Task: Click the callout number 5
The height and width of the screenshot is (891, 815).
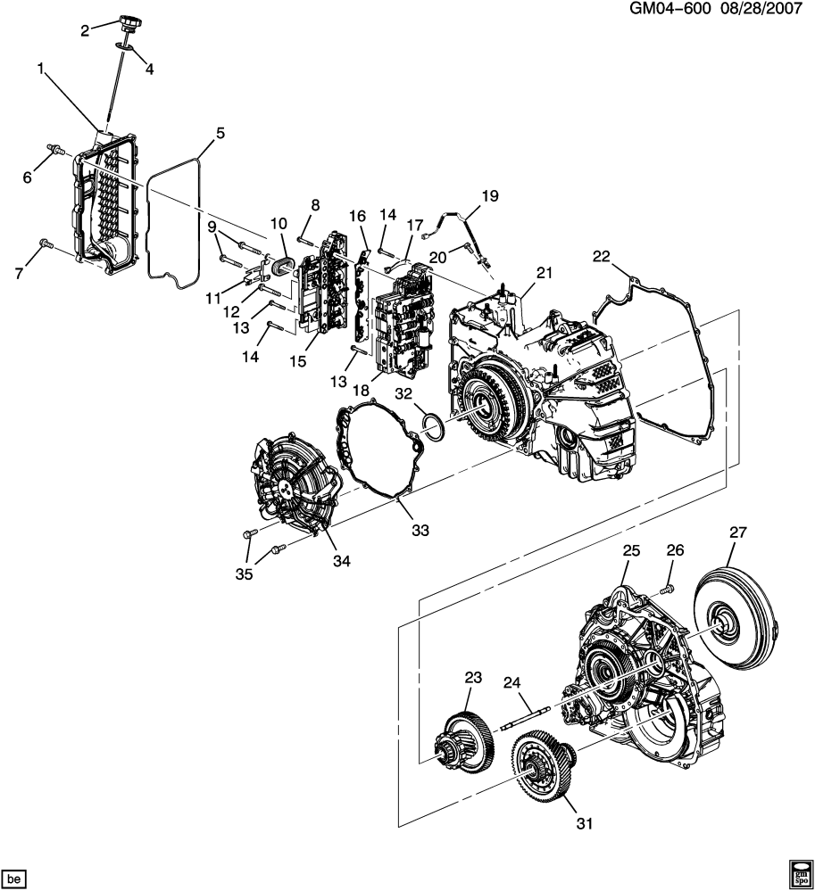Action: point(220,134)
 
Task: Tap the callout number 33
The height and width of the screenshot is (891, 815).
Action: point(420,530)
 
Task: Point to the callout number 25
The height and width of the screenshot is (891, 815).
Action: point(631,552)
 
